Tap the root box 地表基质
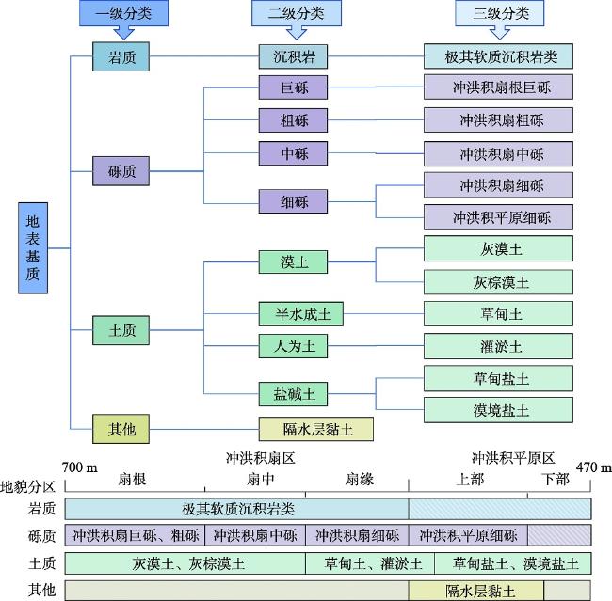pos(33,248)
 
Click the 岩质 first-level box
pos(121,56)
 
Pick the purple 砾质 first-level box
pos(121,171)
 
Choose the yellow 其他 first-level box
pos(121,429)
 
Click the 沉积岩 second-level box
pos(293,56)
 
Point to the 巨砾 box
pos(293,87)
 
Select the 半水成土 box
pos(301,313)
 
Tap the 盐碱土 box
pos(293,394)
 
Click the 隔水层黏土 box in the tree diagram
pos(316,429)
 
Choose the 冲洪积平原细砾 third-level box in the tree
pos(498,217)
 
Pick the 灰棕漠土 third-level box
pos(498,281)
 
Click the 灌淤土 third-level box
pos(498,346)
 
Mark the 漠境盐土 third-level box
pos(498,410)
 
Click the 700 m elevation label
pos(80,467)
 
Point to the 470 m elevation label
pos(594,467)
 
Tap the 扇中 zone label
pos(260,479)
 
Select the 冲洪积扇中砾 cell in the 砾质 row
pos(255,535)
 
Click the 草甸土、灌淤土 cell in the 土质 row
pos(370,563)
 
